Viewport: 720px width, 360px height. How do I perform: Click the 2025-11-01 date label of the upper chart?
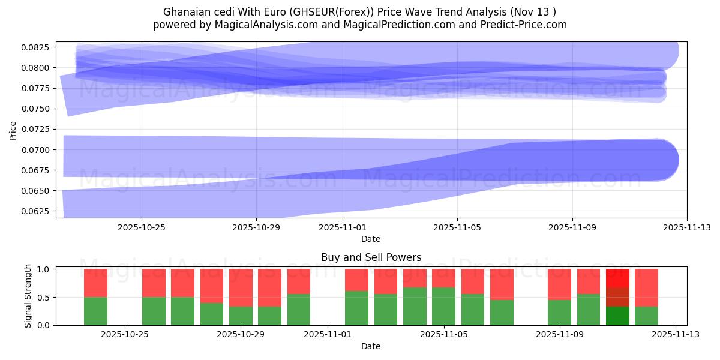(x=342, y=227)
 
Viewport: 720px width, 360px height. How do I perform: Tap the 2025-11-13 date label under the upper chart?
(x=686, y=227)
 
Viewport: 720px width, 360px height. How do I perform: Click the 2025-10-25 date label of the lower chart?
(x=125, y=335)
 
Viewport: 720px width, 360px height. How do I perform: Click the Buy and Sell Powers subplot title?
(x=371, y=257)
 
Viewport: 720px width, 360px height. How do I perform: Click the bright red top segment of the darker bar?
(x=617, y=278)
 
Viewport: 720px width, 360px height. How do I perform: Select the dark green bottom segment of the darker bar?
(x=617, y=316)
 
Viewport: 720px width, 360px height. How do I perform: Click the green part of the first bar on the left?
(x=95, y=311)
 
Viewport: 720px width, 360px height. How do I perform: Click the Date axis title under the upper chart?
(x=371, y=239)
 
